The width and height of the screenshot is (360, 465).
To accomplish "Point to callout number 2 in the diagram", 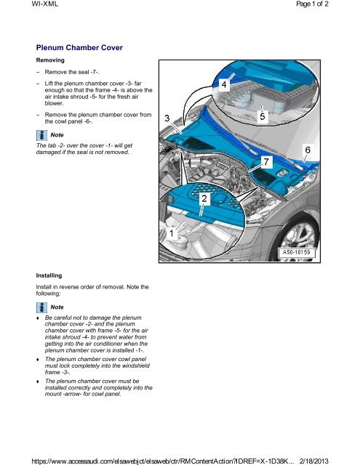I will [206, 198].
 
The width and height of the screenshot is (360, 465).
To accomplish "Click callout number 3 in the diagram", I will [167, 118].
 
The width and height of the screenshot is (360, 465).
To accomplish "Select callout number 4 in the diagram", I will [225, 85].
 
